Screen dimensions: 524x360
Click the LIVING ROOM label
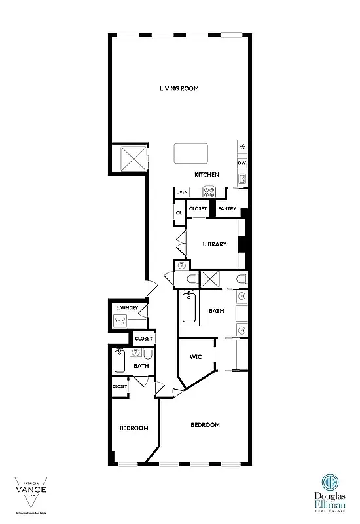click(179, 88)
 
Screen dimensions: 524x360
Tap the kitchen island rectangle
click(190, 154)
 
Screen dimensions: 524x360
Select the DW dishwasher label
click(242, 163)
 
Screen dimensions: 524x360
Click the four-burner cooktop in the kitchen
click(209, 192)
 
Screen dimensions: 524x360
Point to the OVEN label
click(182, 192)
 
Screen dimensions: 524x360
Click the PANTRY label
click(227, 209)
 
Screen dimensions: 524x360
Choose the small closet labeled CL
click(178, 212)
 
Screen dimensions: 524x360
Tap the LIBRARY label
click(214, 244)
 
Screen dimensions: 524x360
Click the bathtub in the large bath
click(189, 309)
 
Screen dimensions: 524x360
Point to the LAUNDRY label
click(126, 308)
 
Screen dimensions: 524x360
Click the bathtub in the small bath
click(120, 362)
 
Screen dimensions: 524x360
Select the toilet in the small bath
click(148, 354)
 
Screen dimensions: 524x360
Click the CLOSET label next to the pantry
click(197, 209)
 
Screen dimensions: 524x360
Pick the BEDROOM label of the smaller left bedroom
click(134, 428)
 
